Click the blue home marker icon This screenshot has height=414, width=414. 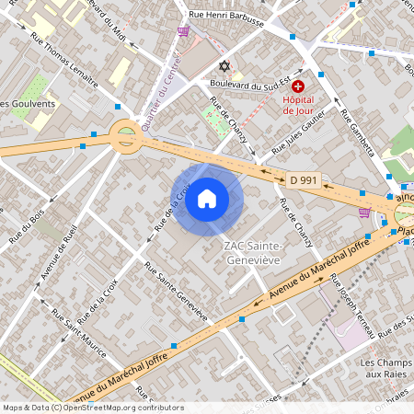207,199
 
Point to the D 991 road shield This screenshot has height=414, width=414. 303,181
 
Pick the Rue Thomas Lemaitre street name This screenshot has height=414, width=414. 64,61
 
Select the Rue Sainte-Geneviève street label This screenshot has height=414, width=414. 176,292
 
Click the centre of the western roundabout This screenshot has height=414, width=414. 125,138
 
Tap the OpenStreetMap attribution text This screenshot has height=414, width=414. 92,408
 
